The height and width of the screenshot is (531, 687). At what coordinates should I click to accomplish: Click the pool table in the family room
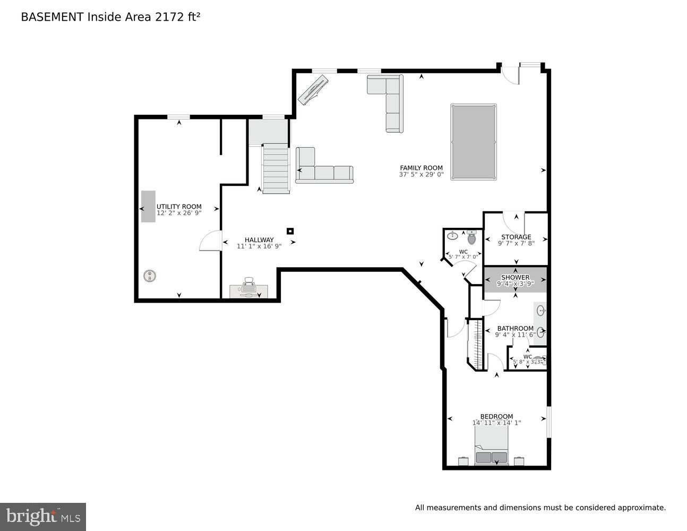point(474,142)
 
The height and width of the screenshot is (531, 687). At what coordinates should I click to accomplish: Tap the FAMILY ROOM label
point(421,168)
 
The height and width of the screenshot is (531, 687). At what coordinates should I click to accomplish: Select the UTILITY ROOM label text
point(179,207)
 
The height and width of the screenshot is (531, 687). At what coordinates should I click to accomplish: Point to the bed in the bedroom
point(492,447)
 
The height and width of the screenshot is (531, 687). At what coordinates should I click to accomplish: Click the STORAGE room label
point(516,237)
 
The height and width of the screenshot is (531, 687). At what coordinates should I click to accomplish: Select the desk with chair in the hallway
point(248,289)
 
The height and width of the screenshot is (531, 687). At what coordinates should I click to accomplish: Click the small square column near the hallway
point(290,231)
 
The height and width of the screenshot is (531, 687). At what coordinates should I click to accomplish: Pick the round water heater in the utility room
point(150,276)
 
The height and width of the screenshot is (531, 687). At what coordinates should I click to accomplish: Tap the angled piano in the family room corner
point(313,90)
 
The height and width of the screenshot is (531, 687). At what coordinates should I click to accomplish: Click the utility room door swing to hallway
point(211,241)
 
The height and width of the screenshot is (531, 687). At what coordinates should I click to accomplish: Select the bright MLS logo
point(43,517)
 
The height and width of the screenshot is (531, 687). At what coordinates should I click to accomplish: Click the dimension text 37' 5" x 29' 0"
point(421,174)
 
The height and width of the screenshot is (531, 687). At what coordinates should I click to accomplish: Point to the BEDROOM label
point(496,416)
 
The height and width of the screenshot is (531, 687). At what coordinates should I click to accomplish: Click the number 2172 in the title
point(167,17)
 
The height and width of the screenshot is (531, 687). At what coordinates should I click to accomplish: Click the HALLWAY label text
point(259,239)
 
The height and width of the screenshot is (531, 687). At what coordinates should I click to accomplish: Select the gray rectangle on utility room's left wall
point(148,206)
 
